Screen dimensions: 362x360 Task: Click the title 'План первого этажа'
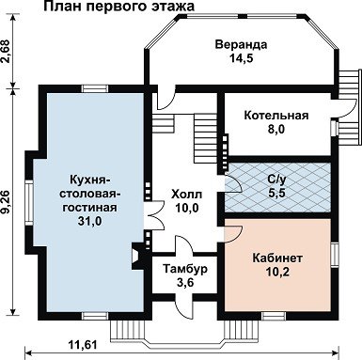click(x=118, y=7)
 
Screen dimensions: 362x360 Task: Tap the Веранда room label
click(x=241, y=45)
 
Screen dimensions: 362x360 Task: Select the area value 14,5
click(x=241, y=58)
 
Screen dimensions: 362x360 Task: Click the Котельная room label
click(x=276, y=116)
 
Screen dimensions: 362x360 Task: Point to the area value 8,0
click(x=275, y=129)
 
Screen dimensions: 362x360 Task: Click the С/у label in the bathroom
click(x=276, y=180)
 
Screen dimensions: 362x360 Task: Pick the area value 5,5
click(x=276, y=193)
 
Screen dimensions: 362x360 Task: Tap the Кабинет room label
click(x=277, y=258)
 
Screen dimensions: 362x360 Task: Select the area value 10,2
click(x=277, y=273)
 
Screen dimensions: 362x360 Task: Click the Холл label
click(x=187, y=195)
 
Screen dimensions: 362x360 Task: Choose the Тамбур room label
click(x=185, y=269)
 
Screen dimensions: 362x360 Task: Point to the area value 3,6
click(x=185, y=283)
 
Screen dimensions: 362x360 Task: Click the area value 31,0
click(x=89, y=221)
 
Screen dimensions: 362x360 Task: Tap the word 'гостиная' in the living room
click(x=89, y=208)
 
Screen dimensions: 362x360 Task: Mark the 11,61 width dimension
click(x=82, y=345)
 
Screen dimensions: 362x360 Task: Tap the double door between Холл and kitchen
click(x=155, y=213)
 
